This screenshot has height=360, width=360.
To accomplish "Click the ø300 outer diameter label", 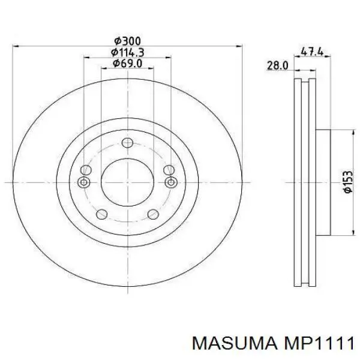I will [127, 40].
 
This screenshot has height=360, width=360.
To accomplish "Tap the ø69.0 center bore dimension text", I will [127, 62].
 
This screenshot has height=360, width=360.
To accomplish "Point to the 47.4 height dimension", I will [312, 52].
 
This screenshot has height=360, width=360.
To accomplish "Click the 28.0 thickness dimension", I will [278, 64].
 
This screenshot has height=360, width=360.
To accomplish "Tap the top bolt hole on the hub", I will [127, 143].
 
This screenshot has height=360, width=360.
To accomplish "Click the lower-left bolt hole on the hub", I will [101, 214].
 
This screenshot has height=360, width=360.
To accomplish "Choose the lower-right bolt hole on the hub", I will [153, 214].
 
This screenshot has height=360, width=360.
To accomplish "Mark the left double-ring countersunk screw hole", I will [84, 182].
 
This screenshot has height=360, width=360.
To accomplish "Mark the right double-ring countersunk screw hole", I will [170, 182].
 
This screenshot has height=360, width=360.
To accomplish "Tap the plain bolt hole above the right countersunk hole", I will [169, 170].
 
